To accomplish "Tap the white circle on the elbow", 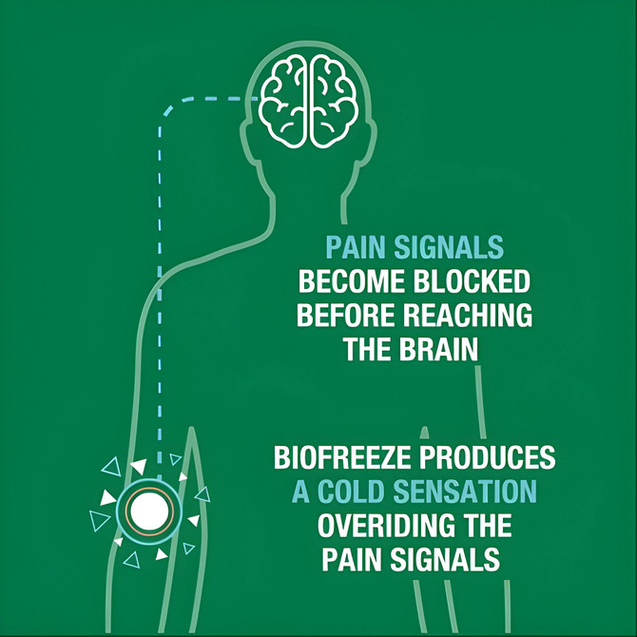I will (x=146, y=512).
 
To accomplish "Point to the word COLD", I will (x=357, y=492).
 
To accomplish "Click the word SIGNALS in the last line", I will (x=446, y=558).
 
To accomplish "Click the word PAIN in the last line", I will (x=357, y=558).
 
